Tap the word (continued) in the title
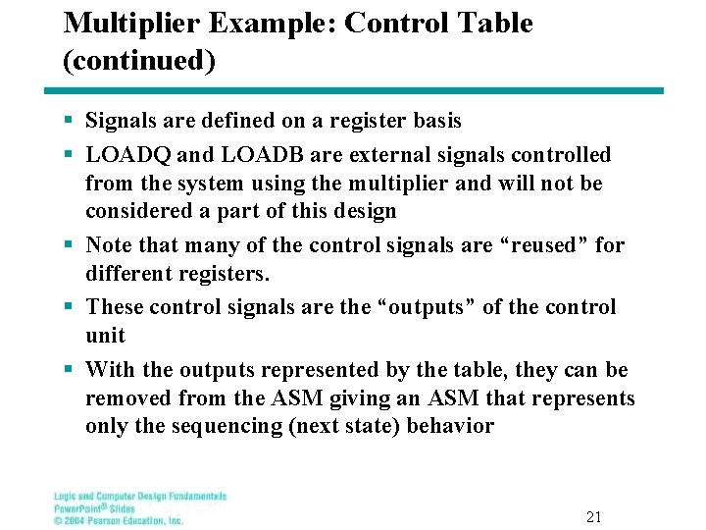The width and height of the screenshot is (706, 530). (138, 61)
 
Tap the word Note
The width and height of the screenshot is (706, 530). (108, 244)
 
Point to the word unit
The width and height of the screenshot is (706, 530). (105, 336)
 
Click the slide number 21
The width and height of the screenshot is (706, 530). (593, 516)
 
